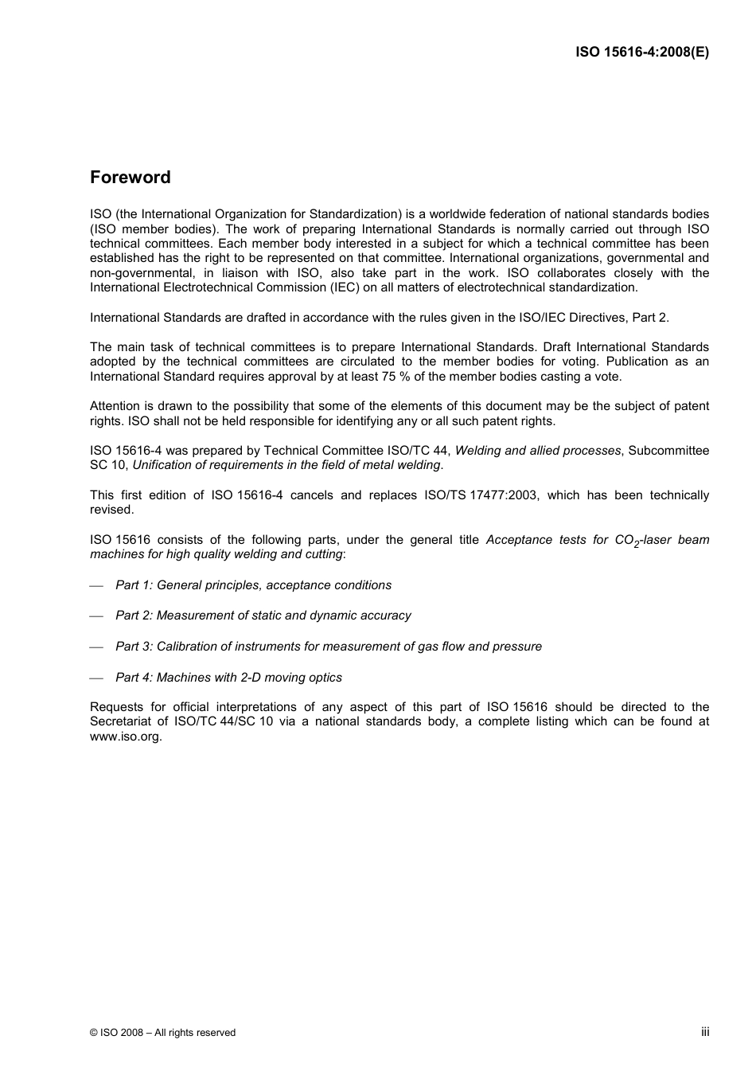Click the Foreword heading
click(130, 178)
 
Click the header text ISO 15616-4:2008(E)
click(642, 52)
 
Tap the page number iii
click(705, 1031)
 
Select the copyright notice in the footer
click(163, 1033)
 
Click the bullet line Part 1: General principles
click(253, 585)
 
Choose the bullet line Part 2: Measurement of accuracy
click(263, 616)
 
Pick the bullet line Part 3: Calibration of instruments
click(328, 647)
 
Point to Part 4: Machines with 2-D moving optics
click(228, 678)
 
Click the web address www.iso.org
click(126, 737)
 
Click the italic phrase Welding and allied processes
click(537, 451)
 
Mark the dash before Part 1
click(97, 586)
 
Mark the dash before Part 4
click(97, 678)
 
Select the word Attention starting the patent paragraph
click(115, 406)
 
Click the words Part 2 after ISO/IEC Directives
click(649, 318)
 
